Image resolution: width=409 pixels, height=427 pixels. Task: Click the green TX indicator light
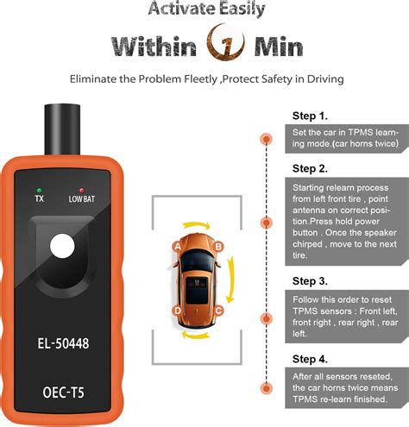point(40,187)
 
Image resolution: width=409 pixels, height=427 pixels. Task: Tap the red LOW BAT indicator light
point(80,187)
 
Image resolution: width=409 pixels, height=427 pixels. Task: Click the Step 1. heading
point(311,115)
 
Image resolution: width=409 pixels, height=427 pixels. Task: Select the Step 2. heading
point(311,167)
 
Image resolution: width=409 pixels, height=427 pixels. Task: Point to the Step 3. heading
point(311,281)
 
